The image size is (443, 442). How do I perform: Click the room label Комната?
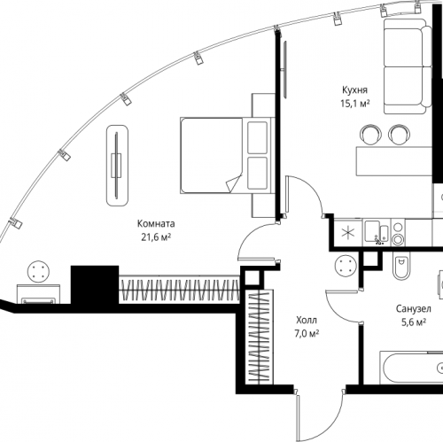pyautogui.click(x=156, y=224)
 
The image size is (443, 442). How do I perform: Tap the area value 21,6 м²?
pyautogui.click(x=156, y=237)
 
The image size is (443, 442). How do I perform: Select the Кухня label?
pyautogui.click(x=354, y=90)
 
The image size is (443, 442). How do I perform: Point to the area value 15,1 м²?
pyautogui.click(x=355, y=104)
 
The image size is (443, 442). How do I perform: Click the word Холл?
pyautogui.click(x=307, y=320)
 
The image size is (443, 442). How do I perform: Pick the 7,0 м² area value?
pyautogui.click(x=307, y=333)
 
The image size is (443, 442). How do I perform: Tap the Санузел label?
pyautogui.click(x=413, y=309)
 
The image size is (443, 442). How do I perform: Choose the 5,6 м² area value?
pyautogui.click(x=413, y=322)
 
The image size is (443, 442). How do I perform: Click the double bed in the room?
pyautogui.click(x=227, y=156)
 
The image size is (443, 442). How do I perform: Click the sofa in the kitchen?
pyautogui.click(x=408, y=66)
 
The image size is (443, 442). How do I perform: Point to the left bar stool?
pyautogui.click(x=370, y=135)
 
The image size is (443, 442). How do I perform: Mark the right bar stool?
pyautogui.click(x=399, y=135)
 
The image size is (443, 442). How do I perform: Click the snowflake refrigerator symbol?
pyautogui.click(x=348, y=233)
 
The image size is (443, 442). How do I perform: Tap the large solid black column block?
pyautogui.click(x=95, y=285)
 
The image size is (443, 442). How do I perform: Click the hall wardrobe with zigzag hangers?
pyautogui.click(x=259, y=337)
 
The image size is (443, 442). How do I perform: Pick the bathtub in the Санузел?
pyautogui.click(x=411, y=368)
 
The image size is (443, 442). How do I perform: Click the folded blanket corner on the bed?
pyautogui.click(x=234, y=183)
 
